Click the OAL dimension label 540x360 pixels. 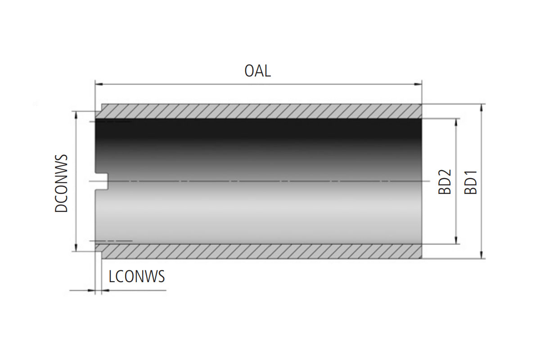[x=258, y=71]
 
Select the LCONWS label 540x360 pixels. [x=137, y=276]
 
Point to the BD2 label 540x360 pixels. [x=445, y=182]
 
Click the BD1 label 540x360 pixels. [x=471, y=182]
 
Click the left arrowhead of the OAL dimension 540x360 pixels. [x=98, y=84]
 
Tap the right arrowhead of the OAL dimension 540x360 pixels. [x=418, y=84]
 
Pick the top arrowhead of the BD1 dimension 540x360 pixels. [x=482, y=108]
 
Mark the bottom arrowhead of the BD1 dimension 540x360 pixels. [x=482, y=255]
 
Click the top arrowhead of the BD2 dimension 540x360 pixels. [x=457, y=122]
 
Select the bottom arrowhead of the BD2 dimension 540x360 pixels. [x=457, y=241]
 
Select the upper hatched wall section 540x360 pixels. [x=261, y=111]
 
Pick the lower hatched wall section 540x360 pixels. [x=261, y=252]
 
